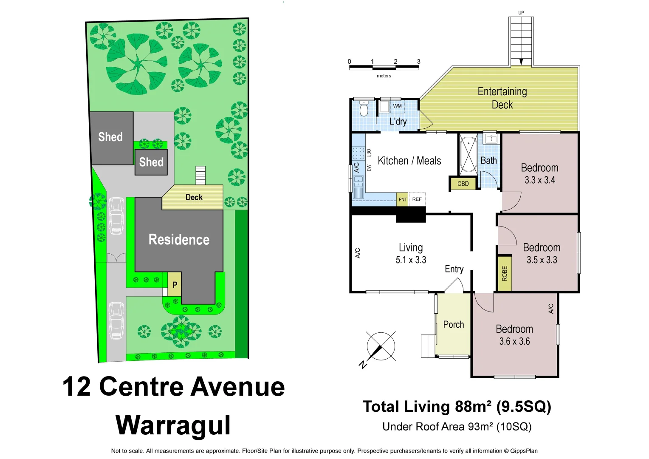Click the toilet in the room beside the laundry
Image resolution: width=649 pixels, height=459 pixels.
pos(364,110)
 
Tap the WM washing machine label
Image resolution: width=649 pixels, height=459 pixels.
pos(397,106)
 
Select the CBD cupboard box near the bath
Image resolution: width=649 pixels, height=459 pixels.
pos(463,184)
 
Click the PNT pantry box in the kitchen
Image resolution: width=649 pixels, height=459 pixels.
pos(402,199)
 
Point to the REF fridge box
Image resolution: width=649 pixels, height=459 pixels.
pos(417,199)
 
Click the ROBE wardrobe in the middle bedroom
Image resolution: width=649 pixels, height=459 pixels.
pos(505,273)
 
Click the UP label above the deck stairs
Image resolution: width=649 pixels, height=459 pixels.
pos(521,13)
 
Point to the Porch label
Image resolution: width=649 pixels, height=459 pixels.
pos(453,325)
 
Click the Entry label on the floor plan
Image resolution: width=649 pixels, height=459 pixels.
pos(454,269)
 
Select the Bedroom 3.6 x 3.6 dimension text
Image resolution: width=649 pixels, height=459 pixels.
pos(514,341)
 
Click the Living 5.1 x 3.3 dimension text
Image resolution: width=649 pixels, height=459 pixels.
pos(411,260)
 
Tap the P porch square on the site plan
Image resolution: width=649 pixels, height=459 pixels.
pos(175,285)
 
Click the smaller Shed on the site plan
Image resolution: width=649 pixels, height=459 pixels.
pos(151,162)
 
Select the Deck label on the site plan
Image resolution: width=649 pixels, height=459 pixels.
pos(194,197)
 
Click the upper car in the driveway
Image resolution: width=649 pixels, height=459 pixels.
pos(116,216)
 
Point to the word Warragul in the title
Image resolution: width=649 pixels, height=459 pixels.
pos(173,425)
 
